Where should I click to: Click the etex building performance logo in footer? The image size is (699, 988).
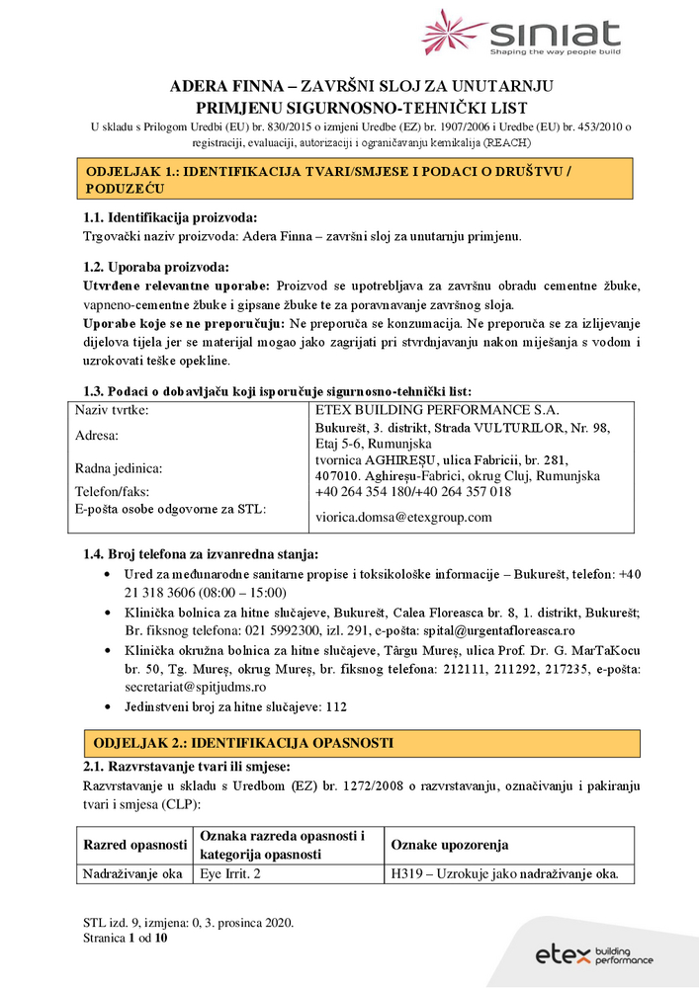(594, 954)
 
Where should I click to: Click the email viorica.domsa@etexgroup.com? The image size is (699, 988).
(403, 517)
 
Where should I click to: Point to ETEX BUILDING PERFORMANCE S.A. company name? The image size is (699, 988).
(436, 409)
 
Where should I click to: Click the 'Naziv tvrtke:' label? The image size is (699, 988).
(112, 409)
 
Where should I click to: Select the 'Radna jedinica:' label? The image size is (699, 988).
(118, 468)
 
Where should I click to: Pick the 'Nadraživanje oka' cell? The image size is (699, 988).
(132, 873)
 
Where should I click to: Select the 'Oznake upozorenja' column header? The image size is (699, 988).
(450, 845)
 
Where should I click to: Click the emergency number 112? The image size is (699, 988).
(335, 706)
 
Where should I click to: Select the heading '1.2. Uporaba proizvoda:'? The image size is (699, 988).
(156, 267)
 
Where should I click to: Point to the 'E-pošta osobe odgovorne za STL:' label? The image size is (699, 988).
(171, 509)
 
